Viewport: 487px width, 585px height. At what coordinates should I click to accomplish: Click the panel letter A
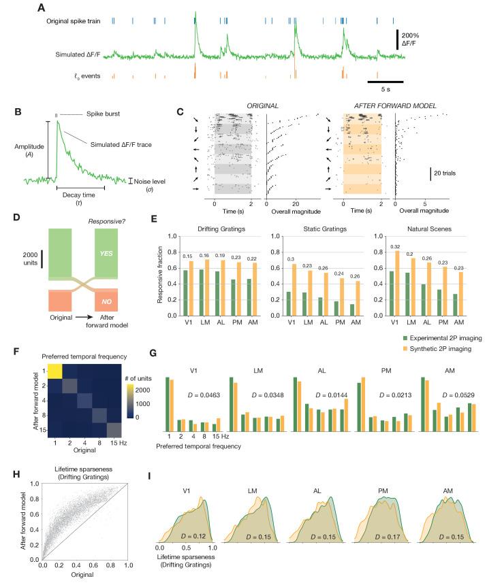(42, 8)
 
